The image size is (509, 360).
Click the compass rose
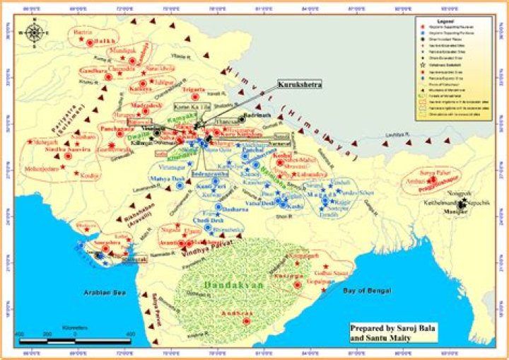pyautogui.click(x=33, y=31)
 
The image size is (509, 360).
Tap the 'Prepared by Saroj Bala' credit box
pyautogui.click(x=389, y=332)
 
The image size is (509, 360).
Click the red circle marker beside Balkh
pyautogui.click(x=90, y=42)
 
